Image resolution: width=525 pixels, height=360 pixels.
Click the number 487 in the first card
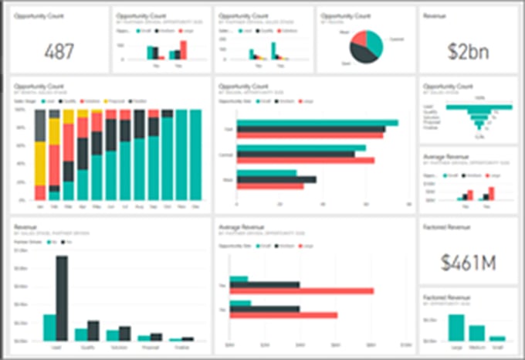[x=59, y=51]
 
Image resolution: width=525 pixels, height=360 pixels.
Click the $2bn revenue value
[x=468, y=51]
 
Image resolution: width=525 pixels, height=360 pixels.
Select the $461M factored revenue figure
[x=468, y=262]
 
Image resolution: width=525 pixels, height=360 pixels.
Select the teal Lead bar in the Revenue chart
[x=49, y=328]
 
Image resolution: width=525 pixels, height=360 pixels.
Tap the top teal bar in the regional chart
[x=317, y=123]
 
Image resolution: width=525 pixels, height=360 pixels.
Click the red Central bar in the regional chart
[x=306, y=161]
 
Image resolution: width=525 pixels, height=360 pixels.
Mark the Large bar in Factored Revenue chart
[x=456, y=327]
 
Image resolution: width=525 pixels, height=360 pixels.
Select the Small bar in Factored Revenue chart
[x=497, y=338]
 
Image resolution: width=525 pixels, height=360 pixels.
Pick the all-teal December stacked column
[x=195, y=155]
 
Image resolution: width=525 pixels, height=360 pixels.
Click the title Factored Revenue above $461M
[x=447, y=227]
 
